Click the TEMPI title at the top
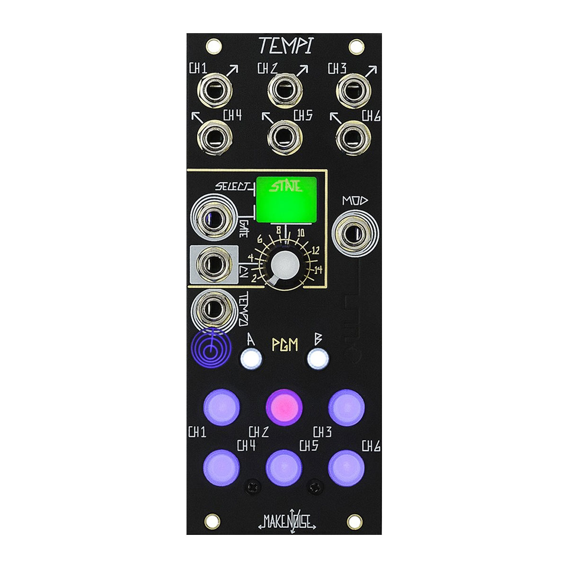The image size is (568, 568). pyautogui.click(x=284, y=46)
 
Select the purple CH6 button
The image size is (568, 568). pyautogui.click(x=346, y=467)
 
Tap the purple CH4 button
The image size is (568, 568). pyautogui.click(x=221, y=467)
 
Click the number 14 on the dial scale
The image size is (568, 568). pyautogui.click(x=318, y=270)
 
